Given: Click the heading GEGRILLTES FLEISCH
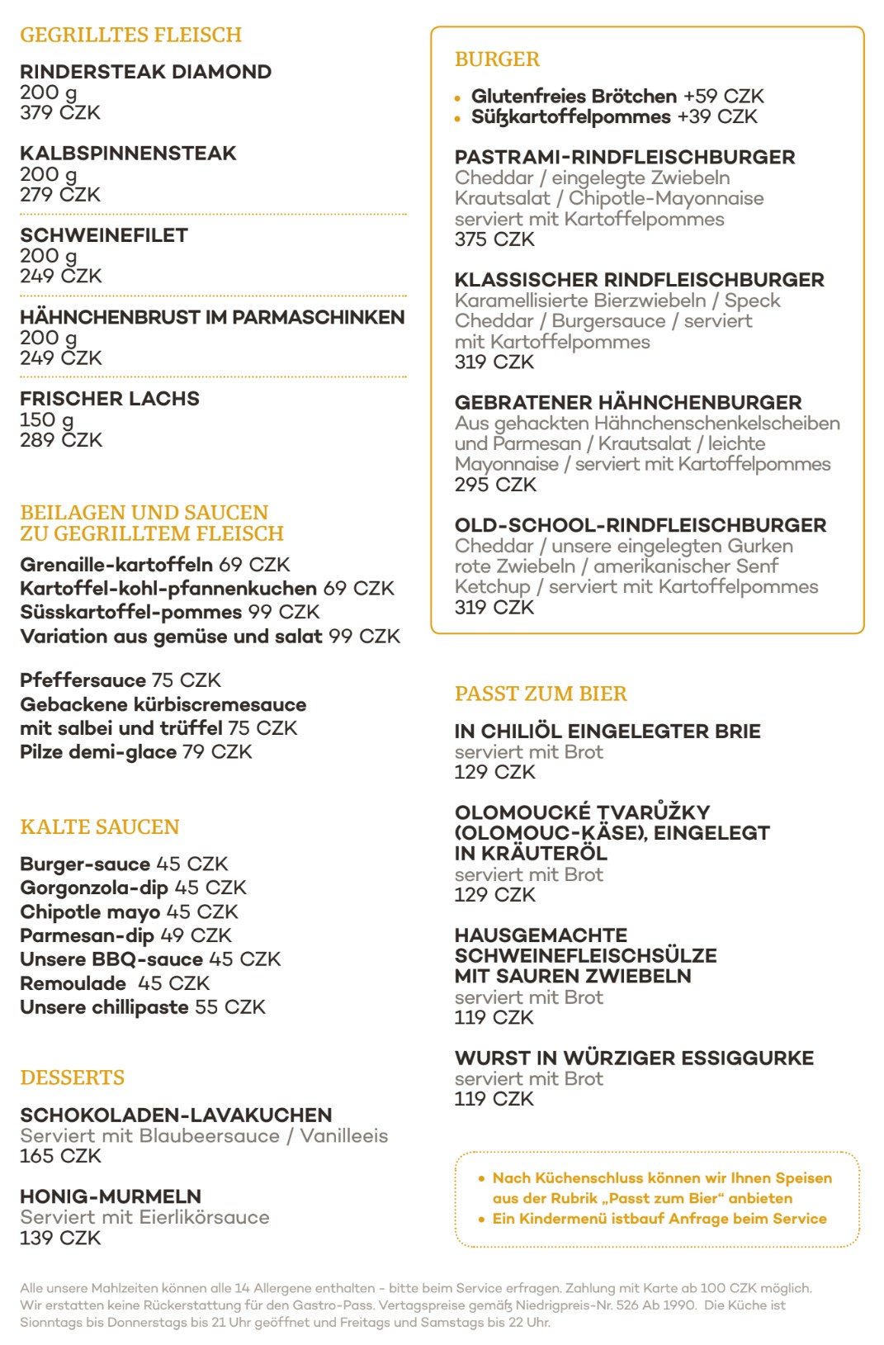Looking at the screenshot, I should [130, 35].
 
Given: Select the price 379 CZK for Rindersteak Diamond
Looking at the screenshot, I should [60, 113].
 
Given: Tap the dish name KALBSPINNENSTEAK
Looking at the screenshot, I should [128, 154].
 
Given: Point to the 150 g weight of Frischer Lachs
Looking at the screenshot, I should [47, 419].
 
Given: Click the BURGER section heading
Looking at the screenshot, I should [497, 59].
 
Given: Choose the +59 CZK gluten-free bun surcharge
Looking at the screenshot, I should [723, 97].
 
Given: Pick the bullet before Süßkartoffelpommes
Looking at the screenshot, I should [457, 119].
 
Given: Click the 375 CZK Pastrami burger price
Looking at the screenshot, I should [494, 239].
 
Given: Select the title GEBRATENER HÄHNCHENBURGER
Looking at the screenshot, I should [627, 403].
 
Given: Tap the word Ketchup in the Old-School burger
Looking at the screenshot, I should [492, 587].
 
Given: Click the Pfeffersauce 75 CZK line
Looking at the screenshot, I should [121, 680].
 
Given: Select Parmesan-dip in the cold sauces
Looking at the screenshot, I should [87, 935].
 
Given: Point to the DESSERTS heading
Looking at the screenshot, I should [73, 1077].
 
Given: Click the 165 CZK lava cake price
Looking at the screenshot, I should [60, 1156].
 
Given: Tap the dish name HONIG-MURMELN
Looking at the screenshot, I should [111, 1196].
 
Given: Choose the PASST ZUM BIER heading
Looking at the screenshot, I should [541, 694].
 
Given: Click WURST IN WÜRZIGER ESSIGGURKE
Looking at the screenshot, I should [634, 1058].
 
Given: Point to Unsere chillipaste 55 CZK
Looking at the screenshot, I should [143, 1007].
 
